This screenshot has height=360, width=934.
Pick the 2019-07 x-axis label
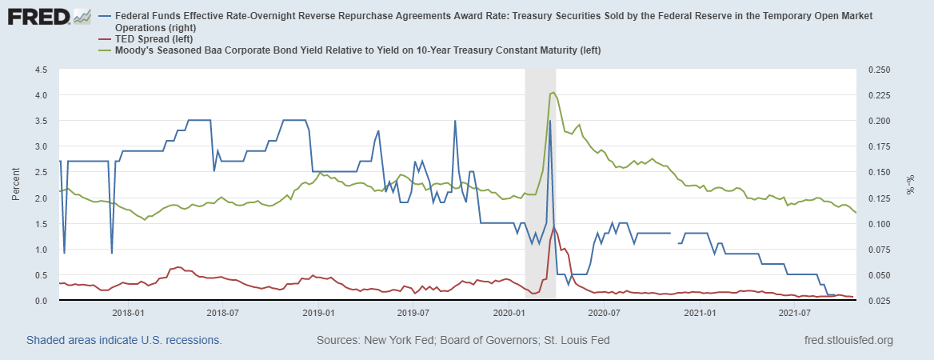[x=413, y=312]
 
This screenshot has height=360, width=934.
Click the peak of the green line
[x=553, y=93]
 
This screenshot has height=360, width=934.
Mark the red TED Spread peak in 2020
[x=554, y=227]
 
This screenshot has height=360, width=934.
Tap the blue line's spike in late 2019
[x=455, y=121]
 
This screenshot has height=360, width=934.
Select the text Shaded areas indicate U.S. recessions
[x=124, y=340]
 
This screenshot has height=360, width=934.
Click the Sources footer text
[x=463, y=340]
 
